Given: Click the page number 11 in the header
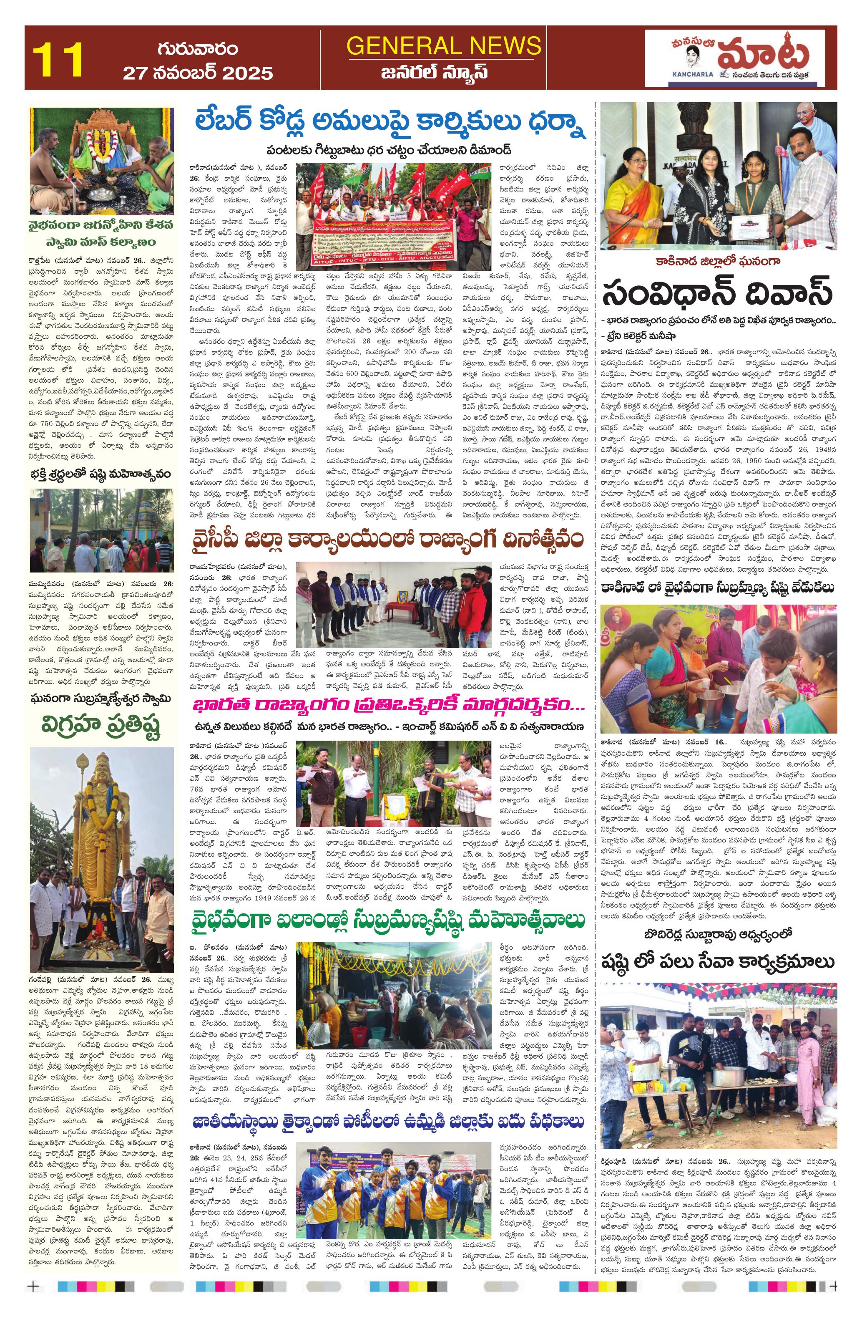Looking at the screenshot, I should (58, 58).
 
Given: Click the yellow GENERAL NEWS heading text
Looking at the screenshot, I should (443, 45).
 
